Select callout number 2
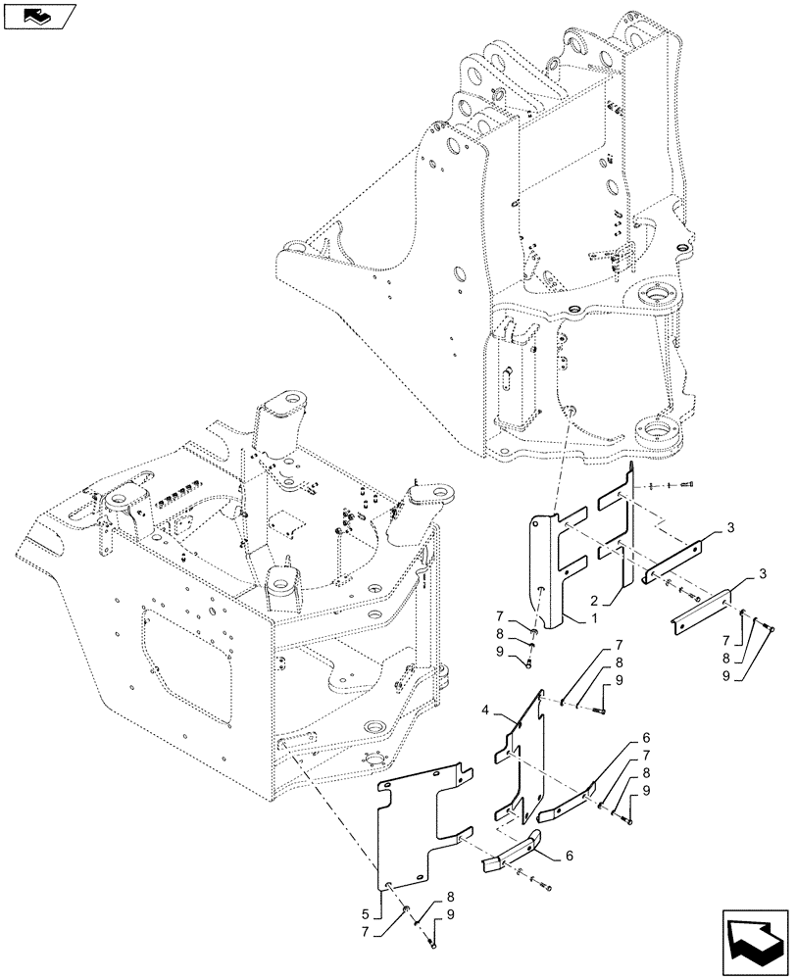595,598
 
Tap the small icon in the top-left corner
36,16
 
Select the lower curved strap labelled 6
515,858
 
